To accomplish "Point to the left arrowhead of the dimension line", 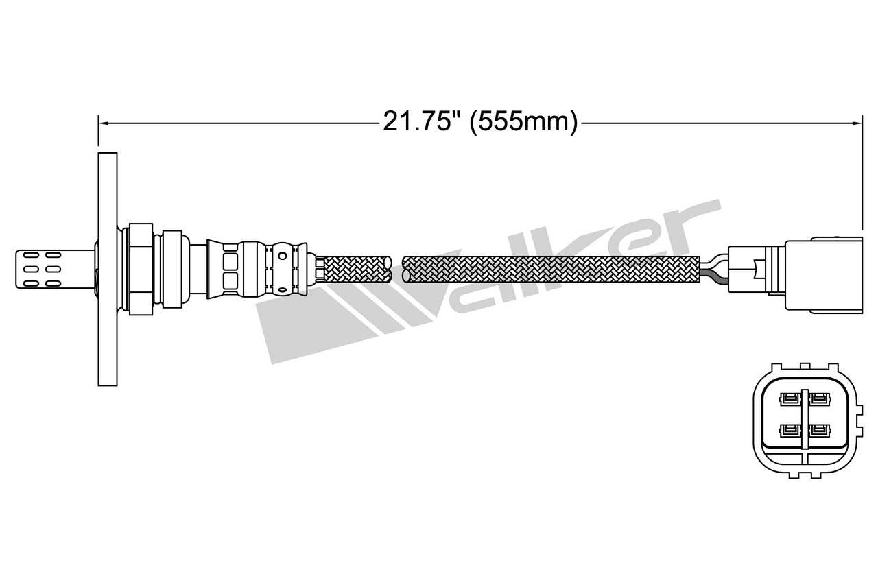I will tap(103, 123).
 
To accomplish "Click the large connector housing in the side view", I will tap(822, 275).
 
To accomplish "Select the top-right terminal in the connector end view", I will tap(818, 398).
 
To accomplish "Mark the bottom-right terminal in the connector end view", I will tap(818, 431).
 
